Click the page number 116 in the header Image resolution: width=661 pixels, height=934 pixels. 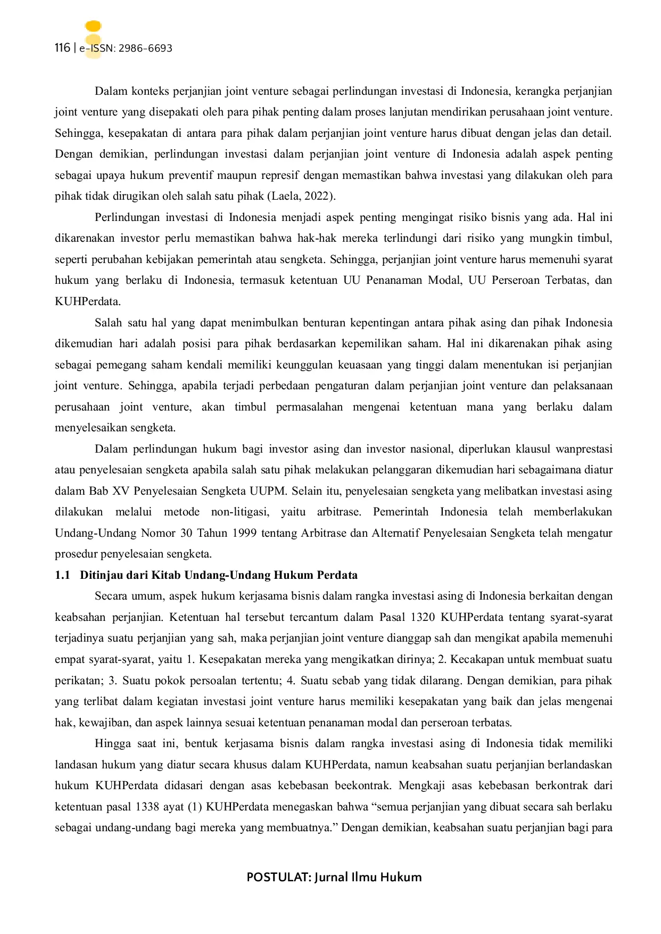62,48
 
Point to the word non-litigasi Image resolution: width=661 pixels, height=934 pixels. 240,512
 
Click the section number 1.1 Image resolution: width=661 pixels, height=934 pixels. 62,575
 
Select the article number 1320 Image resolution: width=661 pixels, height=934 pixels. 423,617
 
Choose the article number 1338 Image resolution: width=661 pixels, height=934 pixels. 147,807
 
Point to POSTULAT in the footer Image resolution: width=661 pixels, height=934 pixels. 278,877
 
